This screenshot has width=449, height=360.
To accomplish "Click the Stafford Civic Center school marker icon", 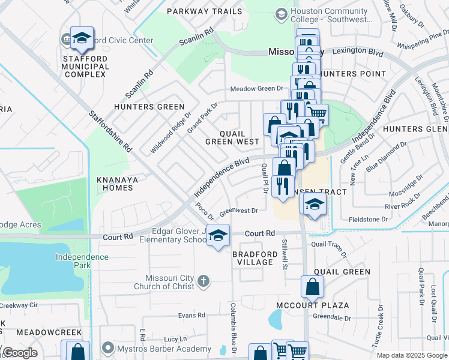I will [x=82, y=39].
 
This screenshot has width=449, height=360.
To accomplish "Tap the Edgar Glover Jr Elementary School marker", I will [x=218, y=235].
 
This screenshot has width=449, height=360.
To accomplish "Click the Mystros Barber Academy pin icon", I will [x=108, y=348].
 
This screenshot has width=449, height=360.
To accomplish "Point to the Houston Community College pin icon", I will [x=281, y=14].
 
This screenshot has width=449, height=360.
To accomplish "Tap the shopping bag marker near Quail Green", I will [x=313, y=287].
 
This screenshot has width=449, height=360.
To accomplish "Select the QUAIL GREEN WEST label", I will [x=232, y=137].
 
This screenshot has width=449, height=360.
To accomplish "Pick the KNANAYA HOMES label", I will [x=115, y=184].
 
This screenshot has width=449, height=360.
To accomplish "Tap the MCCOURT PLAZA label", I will [x=312, y=305].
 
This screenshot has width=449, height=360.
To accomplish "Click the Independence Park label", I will [x=83, y=261].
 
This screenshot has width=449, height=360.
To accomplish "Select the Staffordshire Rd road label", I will [x=110, y=130].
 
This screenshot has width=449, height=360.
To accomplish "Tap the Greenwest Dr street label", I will [x=238, y=211].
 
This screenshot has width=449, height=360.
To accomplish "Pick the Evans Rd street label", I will [x=191, y=315].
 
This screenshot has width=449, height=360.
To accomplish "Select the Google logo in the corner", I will [x=20, y=353].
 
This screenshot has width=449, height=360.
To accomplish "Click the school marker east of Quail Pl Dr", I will [x=313, y=205].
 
